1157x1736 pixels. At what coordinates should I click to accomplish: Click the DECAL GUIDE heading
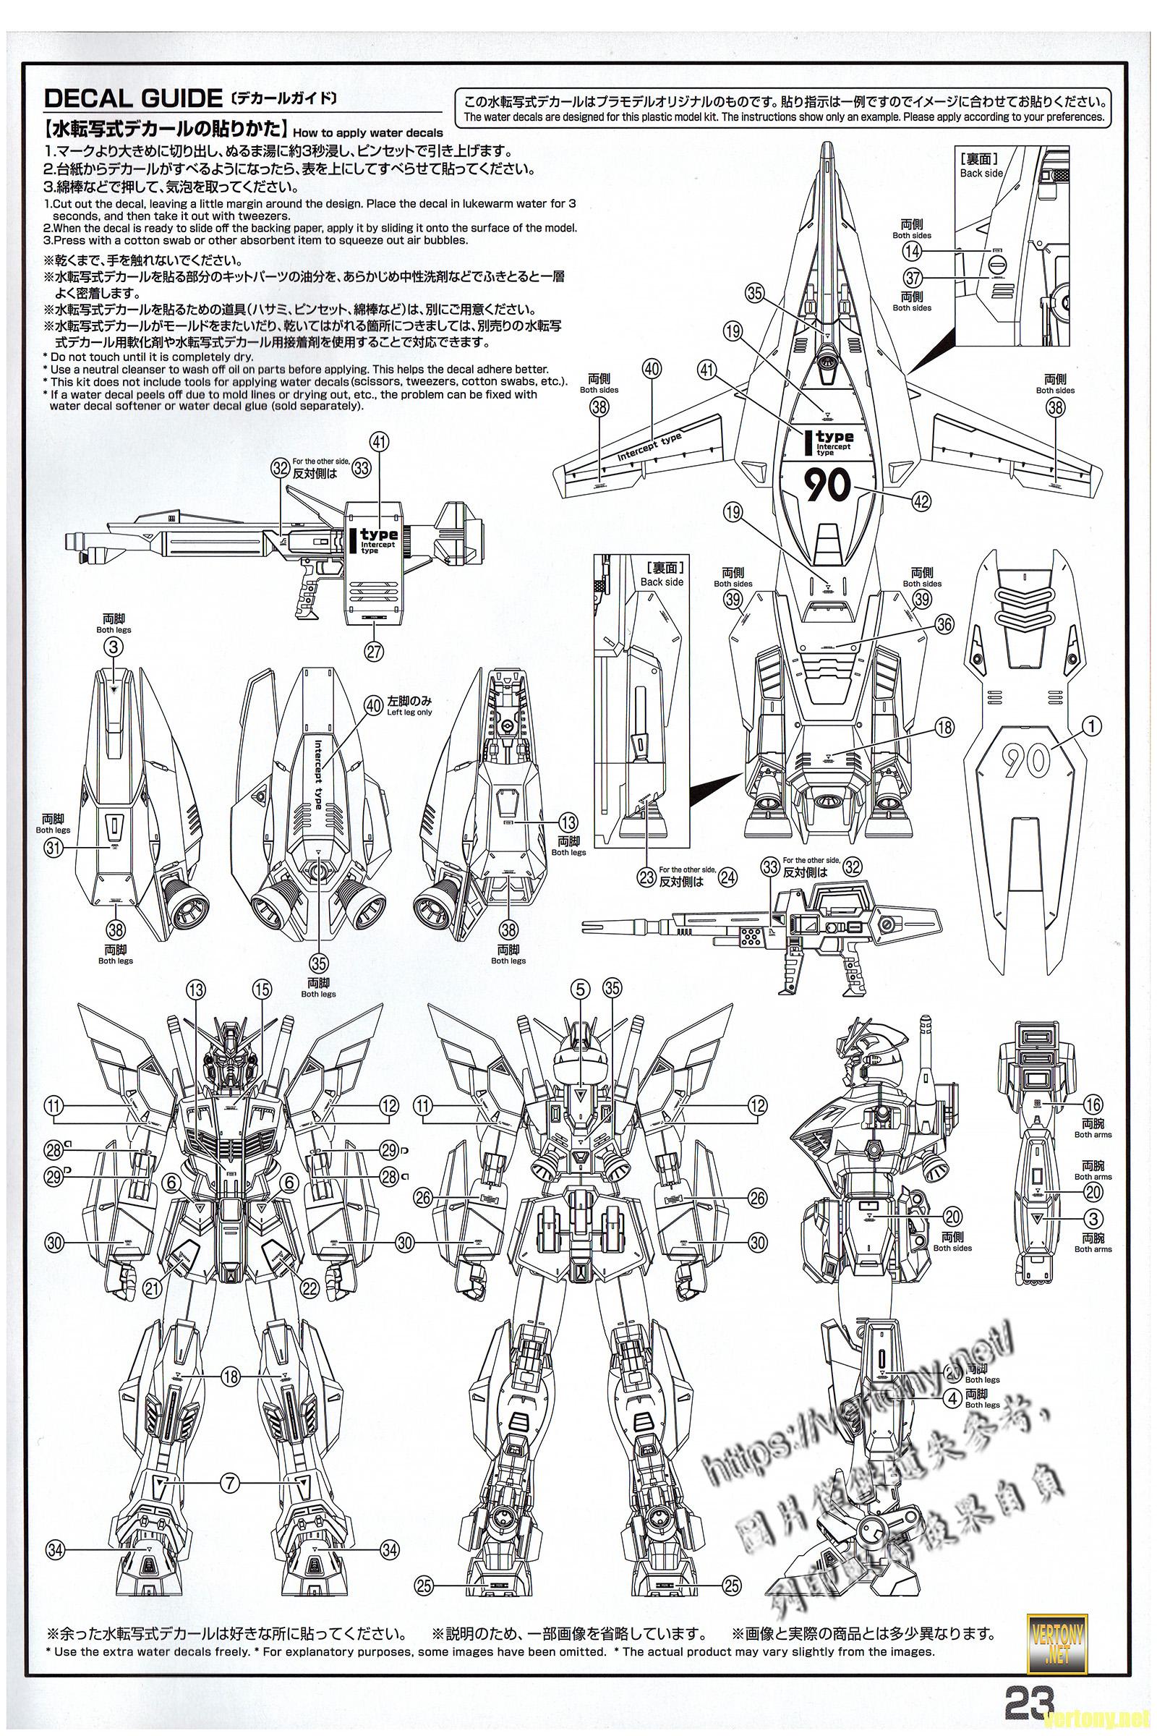pyautogui.click(x=133, y=98)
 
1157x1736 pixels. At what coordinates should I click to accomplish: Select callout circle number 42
pyautogui.click(x=921, y=501)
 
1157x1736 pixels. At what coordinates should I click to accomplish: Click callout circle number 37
pyautogui.click(x=913, y=277)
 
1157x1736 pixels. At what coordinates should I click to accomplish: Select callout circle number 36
pyautogui.click(x=944, y=624)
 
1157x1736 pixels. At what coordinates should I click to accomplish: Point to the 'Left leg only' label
pyautogui.click(x=409, y=712)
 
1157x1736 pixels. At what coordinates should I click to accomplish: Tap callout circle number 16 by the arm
pyautogui.click(x=1093, y=1105)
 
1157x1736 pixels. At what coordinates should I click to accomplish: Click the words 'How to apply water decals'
pyautogui.click(x=367, y=133)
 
